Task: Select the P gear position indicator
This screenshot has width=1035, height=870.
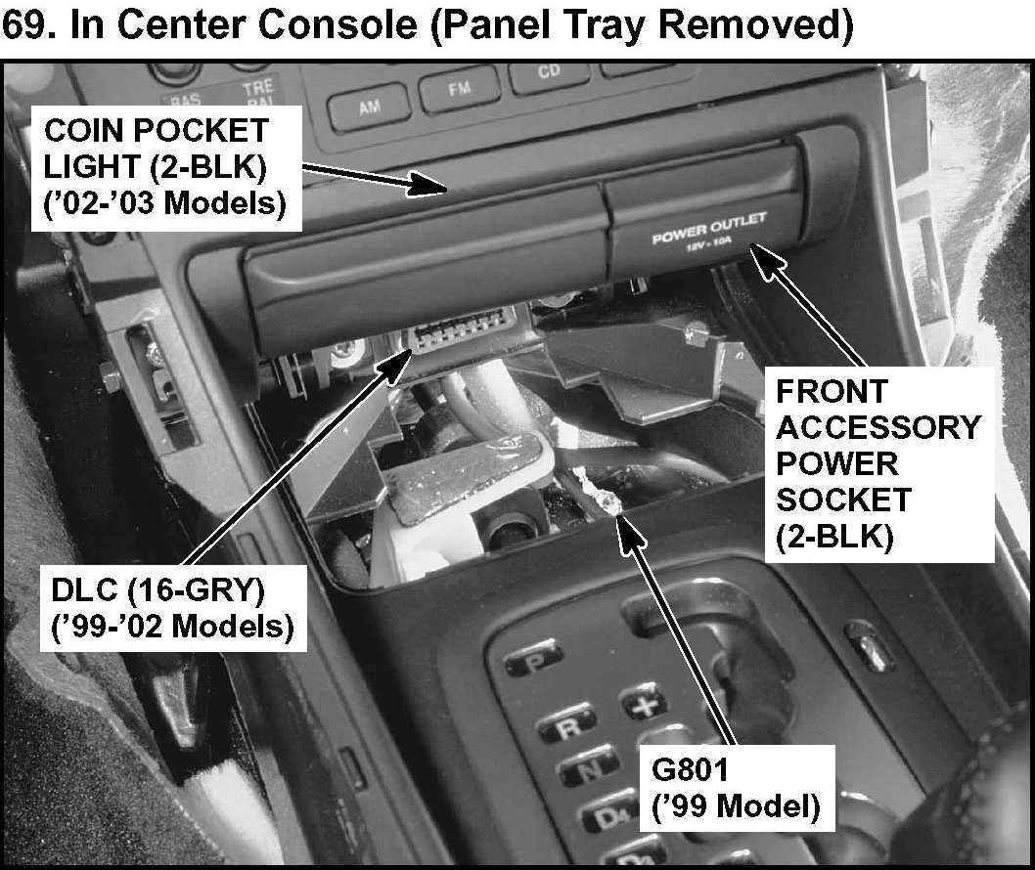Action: (534, 661)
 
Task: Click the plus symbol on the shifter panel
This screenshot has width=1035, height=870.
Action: (644, 703)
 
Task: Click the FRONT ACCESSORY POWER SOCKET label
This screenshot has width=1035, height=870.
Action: (877, 462)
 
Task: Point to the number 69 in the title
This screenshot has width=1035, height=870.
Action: (26, 26)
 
